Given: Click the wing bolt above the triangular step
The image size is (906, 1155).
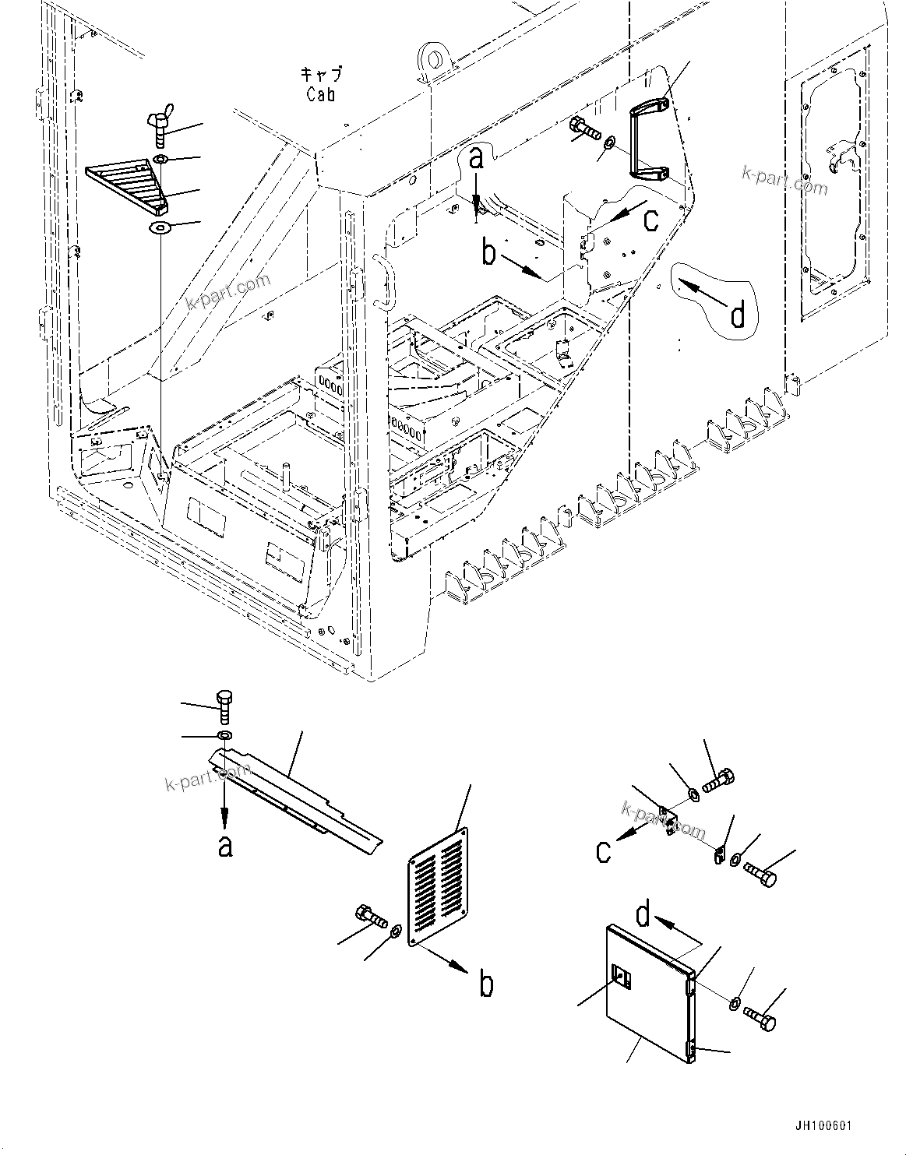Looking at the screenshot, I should (158, 129).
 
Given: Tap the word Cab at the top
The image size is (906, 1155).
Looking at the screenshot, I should (321, 94).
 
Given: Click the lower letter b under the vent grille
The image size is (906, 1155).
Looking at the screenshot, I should (485, 984).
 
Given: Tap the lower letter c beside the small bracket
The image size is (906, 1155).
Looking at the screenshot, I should (604, 851).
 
